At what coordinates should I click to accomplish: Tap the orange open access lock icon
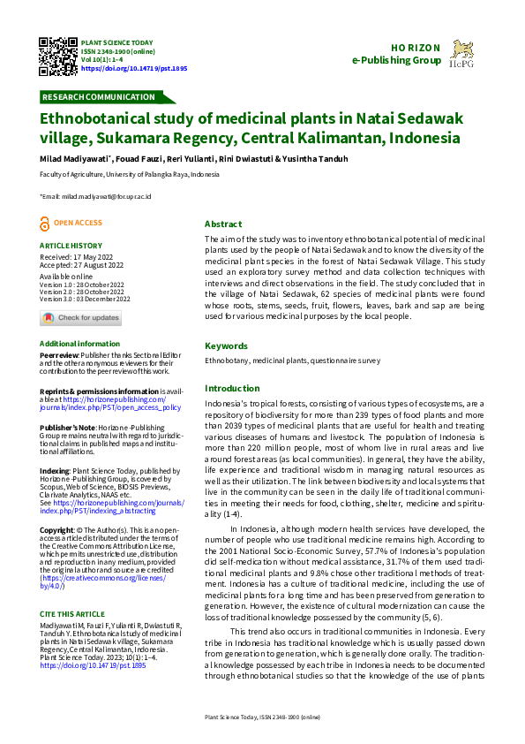(46, 224)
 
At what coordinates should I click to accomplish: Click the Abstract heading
(223, 224)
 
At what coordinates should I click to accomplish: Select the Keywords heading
(227, 346)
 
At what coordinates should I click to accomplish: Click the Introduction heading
(232, 389)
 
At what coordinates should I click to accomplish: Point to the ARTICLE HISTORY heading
(71, 246)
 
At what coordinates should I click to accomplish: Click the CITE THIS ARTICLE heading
(71, 588)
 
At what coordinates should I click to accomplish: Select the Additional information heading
(79, 343)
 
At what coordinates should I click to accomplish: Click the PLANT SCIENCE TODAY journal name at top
(116, 42)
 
